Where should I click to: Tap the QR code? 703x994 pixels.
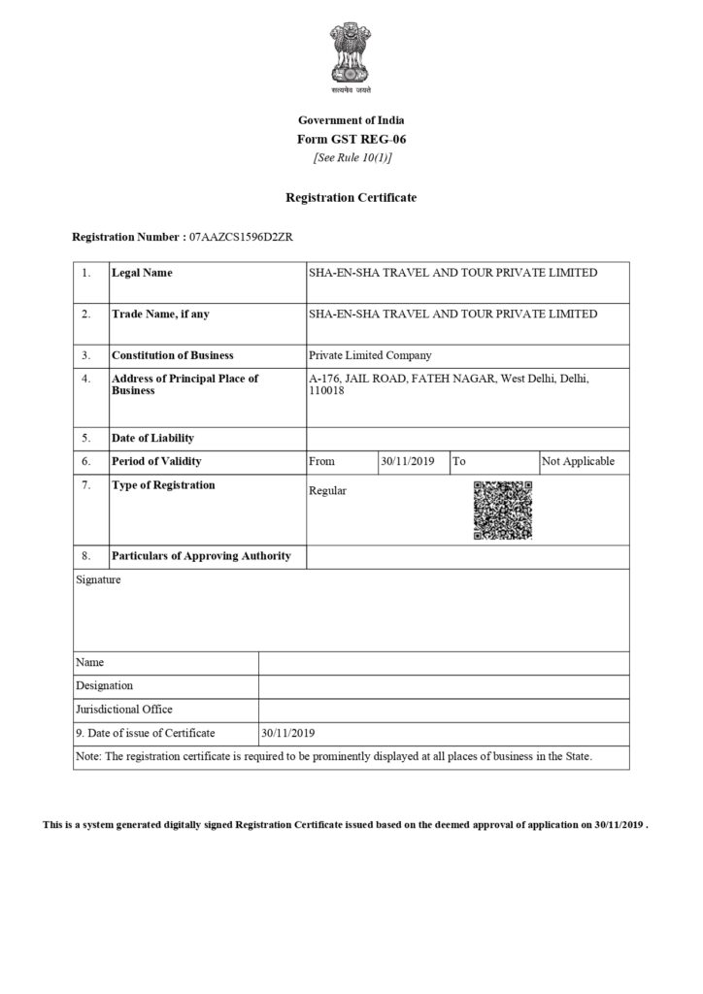(503, 511)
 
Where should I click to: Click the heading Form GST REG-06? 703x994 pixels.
(351, 139)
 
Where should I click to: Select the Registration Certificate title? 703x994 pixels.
(351, 197)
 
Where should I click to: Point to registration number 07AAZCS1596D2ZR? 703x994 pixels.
(238, 237)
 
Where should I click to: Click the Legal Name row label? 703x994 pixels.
(142, 273)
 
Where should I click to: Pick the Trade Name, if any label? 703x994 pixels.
(160, 314)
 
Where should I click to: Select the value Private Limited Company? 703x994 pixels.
(370, 355)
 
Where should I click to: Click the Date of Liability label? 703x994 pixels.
(152, 439)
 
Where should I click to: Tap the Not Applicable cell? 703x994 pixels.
(578, 461)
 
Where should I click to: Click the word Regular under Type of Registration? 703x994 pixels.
(327, 490)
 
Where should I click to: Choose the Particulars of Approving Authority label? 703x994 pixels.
(201, 556)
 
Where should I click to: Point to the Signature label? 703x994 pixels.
(98, 580)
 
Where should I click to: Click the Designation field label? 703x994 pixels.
(104, 685)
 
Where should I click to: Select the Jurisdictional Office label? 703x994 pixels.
(123, 710)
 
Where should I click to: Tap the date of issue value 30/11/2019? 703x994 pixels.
(289, 733)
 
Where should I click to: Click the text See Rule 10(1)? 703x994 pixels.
(351, 157)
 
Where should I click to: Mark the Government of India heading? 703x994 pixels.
(351, 119)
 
